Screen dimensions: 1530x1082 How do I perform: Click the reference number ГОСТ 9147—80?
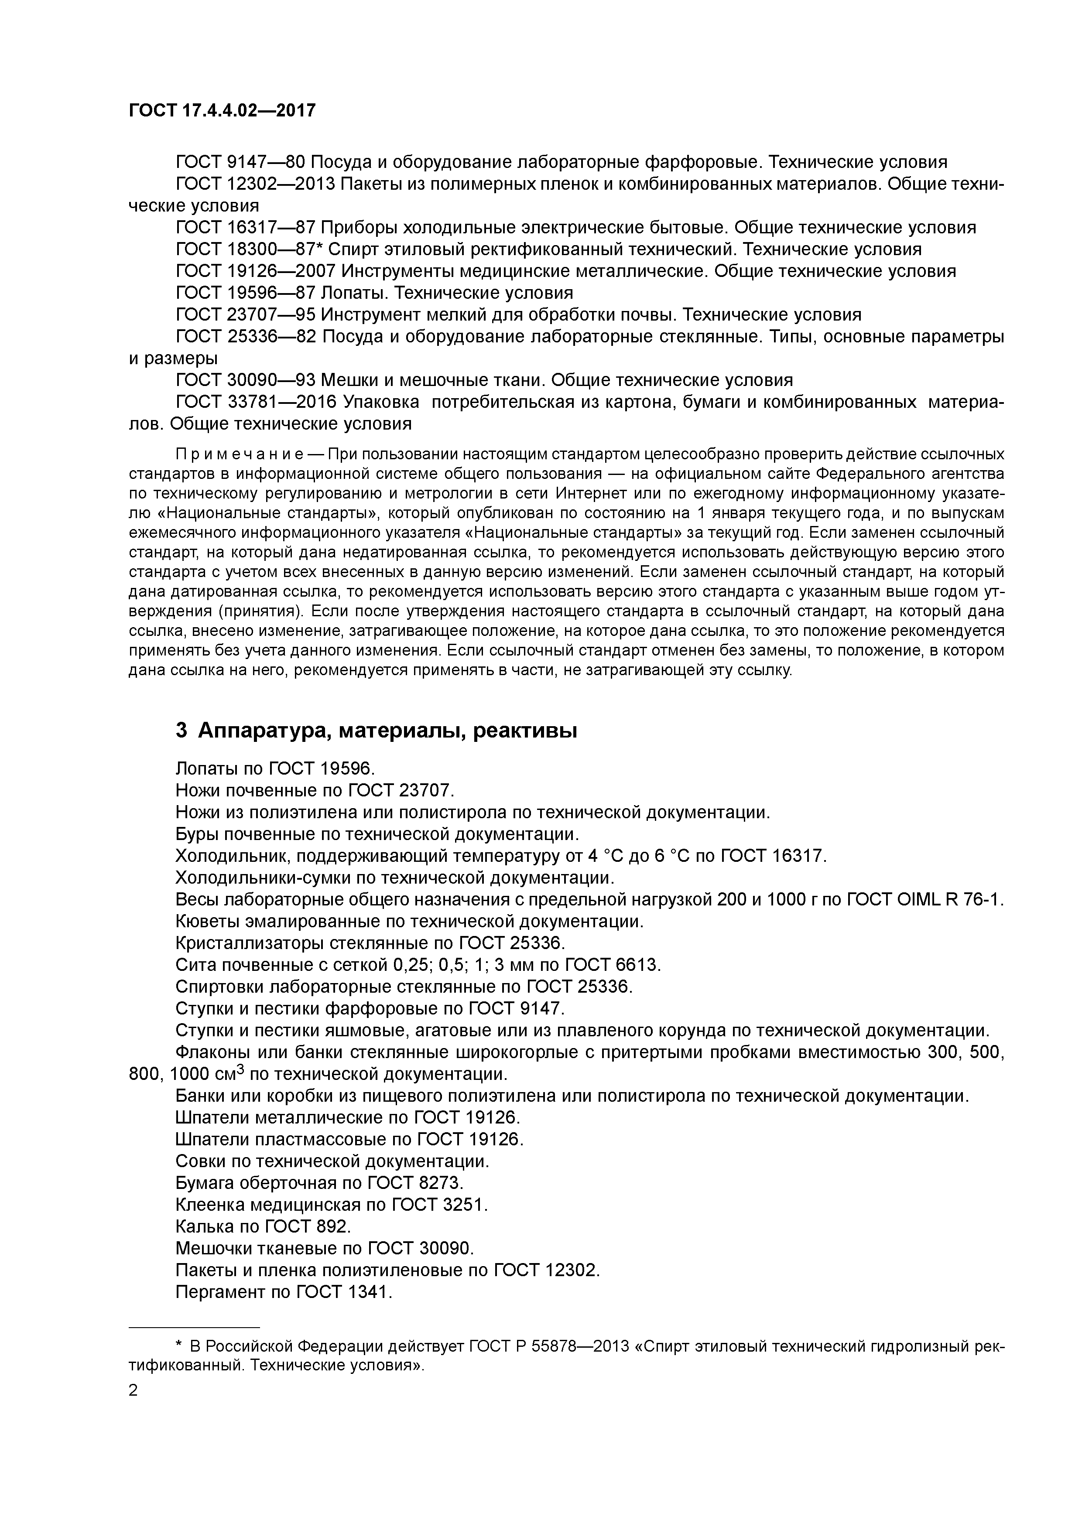coord(241,162)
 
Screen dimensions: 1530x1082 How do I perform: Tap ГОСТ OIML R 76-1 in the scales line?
coord(924,900)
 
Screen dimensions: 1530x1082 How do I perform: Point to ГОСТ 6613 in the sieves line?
coord(612,965)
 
